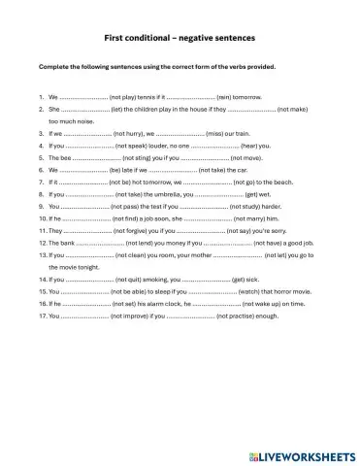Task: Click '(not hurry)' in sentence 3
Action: pyautogui.click(x=130, y=133)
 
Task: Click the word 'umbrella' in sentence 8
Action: pyautogui.click(x=155, y=194)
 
